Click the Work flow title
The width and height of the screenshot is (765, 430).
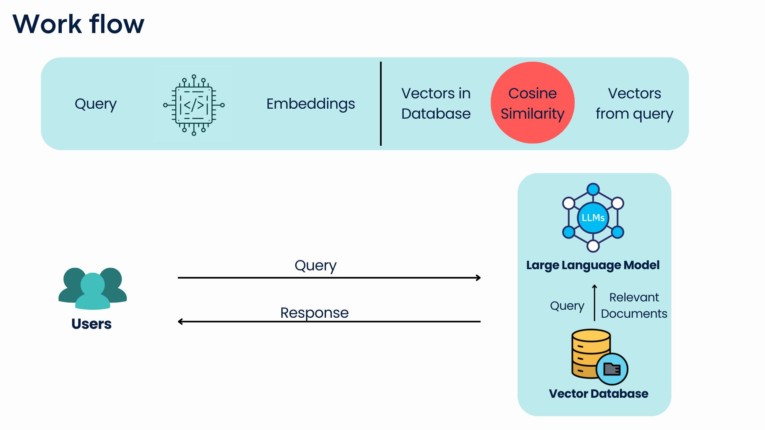[78, 24]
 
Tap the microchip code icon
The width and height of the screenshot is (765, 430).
[194, 105]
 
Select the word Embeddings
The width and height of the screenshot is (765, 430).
[310, 104]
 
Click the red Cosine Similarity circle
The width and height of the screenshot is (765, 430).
[532, 103]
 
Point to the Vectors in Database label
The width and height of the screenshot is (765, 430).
[436, 104]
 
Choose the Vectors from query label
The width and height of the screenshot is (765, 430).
[634, 104]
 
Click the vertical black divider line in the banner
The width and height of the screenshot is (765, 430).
[381, 104]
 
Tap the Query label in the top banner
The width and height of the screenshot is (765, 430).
[96, 104]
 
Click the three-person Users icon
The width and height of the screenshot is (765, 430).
[92, 288]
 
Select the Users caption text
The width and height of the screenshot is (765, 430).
[91, 324]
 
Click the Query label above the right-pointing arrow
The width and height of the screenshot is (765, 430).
[316, 266]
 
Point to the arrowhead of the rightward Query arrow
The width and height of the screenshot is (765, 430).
[479, 278]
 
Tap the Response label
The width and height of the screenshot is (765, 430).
[314, 313]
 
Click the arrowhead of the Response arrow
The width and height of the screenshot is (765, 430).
[180, 321]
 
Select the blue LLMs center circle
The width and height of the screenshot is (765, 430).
[593, 218]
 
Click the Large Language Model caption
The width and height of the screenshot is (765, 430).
[593, 265]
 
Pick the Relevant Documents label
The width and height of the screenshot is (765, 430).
[634, 305]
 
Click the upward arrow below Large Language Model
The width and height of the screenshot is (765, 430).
[594, 303]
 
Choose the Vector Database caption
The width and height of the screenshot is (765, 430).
[598, 394]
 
